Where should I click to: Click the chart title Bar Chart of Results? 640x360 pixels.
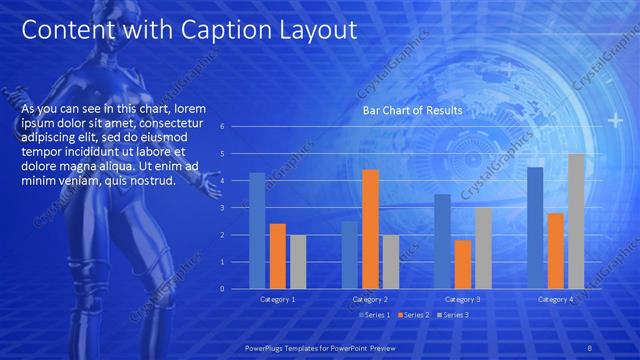click(x=412, y=111)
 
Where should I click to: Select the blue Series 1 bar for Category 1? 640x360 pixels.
click(x=257, y=230)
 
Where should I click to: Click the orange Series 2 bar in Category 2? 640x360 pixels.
click(x=370, y=228)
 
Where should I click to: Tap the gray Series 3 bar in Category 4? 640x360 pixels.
click(x=576, y=221)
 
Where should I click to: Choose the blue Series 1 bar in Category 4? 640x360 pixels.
click(x=535, y=227)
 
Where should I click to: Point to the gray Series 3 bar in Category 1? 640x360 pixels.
click(x=298, y=261)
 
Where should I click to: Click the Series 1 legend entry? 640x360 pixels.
click(x=374, y=315)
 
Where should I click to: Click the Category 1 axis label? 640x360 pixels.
click(x=277, y=299)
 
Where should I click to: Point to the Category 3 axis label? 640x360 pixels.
click(x=462, y=299)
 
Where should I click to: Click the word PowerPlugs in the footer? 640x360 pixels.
click(x=267, y=349)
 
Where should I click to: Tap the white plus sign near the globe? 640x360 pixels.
click(x=615, y=121)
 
